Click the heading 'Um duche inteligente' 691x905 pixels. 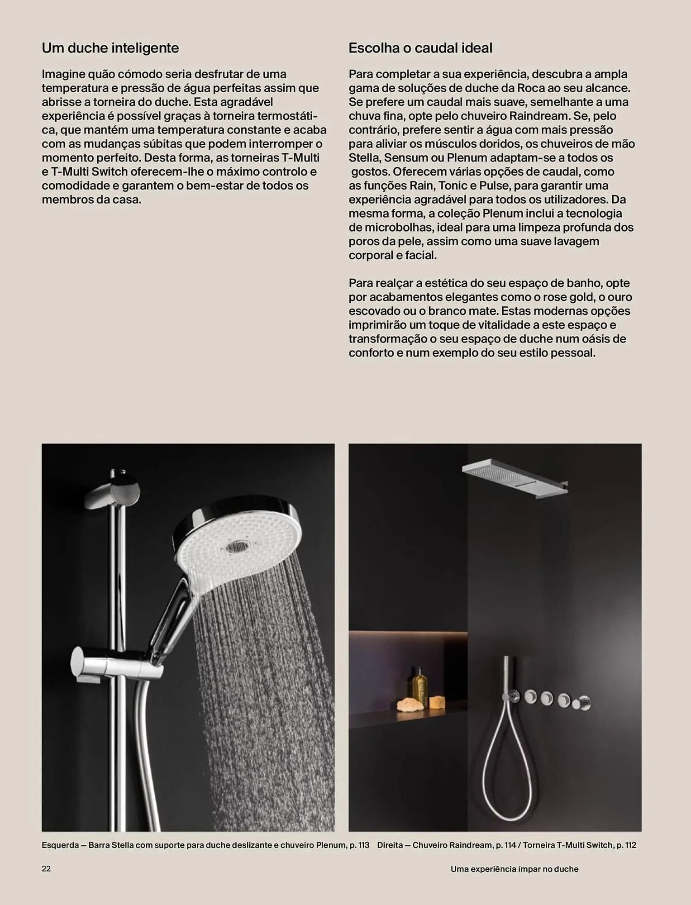tap(110, 48)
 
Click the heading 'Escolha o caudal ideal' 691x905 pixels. tap(420, 48)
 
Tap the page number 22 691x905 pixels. tap(46, 868)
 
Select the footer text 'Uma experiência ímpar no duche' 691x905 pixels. tap(514, 869)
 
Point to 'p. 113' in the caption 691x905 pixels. tap(359, 845)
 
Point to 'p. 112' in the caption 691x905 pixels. tap(626, 845)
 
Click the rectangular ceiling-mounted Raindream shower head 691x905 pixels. tap(514, 477)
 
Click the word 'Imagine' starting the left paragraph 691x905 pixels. tap(62, 74)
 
